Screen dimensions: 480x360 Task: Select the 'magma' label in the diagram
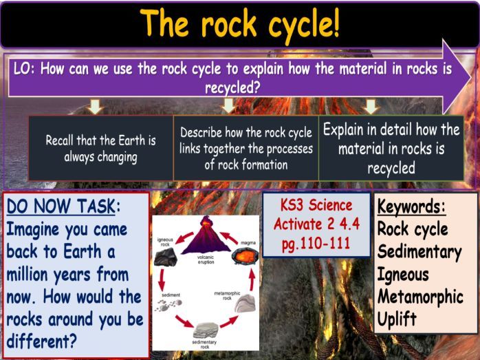[x=248, y=243]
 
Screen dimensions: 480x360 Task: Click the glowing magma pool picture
[x=245, y=256]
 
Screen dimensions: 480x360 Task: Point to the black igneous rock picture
[x=166, y=257]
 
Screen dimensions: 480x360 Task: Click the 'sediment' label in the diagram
[x=171, y=295]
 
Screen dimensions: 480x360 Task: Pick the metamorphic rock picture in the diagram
[x=245, y=304]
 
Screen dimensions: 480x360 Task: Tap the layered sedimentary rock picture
[x=206, y=330]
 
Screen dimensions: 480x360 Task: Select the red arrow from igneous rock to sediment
[x=162, y=279]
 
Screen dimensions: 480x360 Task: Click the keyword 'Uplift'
[x=397, y=319]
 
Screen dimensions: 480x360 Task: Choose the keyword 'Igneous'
[x=403, y=275]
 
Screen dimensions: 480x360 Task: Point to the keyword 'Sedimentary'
[x=419, y=252]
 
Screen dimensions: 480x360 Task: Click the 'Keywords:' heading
[x=411, y=207]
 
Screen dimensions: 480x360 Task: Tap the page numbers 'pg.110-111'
[x=316, y=244]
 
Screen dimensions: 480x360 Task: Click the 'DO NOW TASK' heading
[x=61, y=206]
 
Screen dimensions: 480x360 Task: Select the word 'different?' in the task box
[x=41, y=341]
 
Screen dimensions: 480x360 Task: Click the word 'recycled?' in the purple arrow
[x=232, y=88]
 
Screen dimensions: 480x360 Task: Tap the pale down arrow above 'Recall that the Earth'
[x=95, y=107]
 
